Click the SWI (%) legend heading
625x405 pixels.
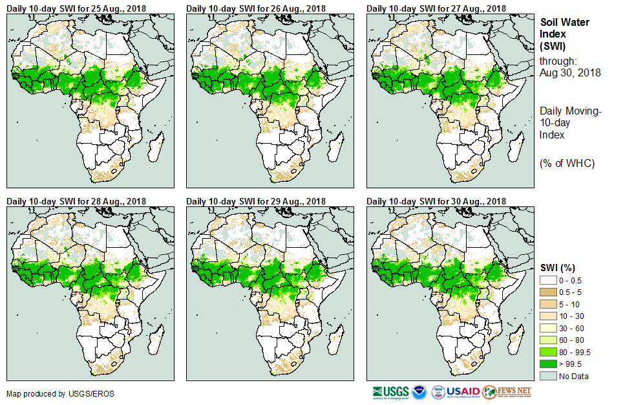pyautogui.click(x=558, y=267)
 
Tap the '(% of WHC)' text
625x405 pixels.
pyautogui.click(x=567, y=163)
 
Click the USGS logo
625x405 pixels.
pyautogui.click(x=390, y=392)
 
